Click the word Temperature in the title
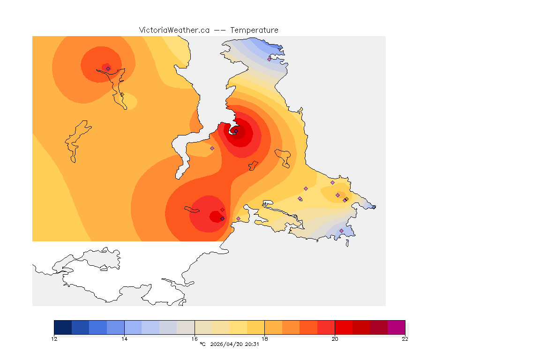[x=255, y=30]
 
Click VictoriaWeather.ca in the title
[x=174, y=30]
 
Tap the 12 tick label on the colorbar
[x=54, y=339]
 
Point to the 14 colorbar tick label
[x=124, y=339]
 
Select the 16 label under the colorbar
[x=195, y=339]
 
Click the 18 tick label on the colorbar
[x=265, y=339]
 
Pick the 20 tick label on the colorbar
[x=335, y=339]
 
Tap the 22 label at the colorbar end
[x=405, y=339]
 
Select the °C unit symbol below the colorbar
[x=202, y=345]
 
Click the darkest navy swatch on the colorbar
[x=63, y=327]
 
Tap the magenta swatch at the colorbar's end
[x=396, y=327]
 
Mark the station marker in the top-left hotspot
[x=108, y=68]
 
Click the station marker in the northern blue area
[x=269, y=59]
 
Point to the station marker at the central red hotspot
[x=236, y=131]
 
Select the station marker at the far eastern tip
[x=374, y=207]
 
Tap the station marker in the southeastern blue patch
[x=341, y=231]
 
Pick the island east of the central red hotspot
[x=283, y=157]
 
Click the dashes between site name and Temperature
[x=220, y=30]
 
